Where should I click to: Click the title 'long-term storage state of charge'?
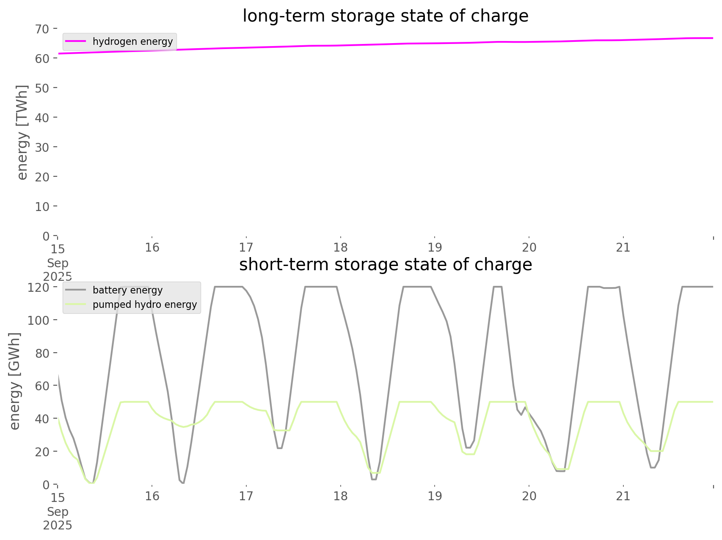(x=385, y=16)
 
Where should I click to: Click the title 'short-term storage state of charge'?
(x=385, y=265)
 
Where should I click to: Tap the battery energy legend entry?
(x=127, y=290)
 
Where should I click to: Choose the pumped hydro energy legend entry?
(x=144, y=304)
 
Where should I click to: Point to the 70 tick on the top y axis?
(x=42, y=29)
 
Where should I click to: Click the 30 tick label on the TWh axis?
(x=42, y=147)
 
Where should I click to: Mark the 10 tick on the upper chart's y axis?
(x=42, y=206)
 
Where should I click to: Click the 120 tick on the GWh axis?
(x=39, y=288)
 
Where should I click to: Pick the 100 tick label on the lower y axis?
(x=39, y=320)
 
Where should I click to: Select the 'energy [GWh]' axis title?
(x=15, y=381)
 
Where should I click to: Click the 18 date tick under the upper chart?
(x=340, y=247)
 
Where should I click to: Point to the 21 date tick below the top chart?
(x=623, y=247)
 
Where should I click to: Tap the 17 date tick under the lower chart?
(x=246, y=496)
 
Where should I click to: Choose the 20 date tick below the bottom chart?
(x=529, y=496)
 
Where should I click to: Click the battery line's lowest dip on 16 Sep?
(x=183, y=482)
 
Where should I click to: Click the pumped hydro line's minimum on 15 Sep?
(x=92, y=483)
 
